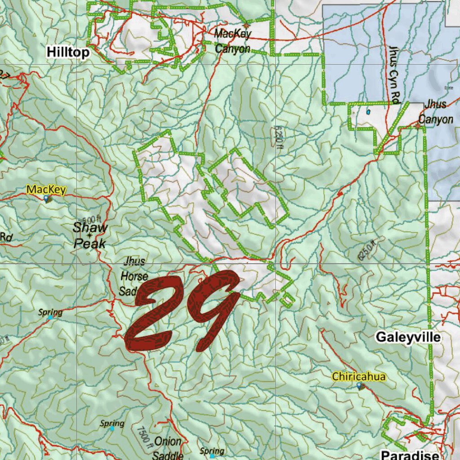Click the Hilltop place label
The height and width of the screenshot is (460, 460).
pyautogui.click(x=68, y=53)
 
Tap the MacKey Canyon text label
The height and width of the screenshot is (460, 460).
pyautogui.click(x=233, y=41)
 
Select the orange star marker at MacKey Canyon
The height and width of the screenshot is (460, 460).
pyautogui.click(x=246, y=26)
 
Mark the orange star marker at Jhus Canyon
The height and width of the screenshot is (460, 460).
pyautogui.click(x=418, y=126)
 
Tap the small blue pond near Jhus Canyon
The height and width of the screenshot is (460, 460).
pyautogui.click(x=368, y=112)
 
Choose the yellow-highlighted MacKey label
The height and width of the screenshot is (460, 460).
pyautogui.click(x=46, y=190)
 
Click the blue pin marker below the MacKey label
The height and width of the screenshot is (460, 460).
pyautogui.click(x=47, y=199)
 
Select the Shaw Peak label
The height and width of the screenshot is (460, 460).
pyautogui.click(x=91, y=235)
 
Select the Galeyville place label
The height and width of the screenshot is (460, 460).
pyautogui.click(x=408, y=337)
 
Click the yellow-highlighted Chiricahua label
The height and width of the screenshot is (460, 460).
pyautogui.click(x=358, y=376)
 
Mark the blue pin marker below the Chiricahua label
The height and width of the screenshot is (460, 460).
pyautogui.click(x=359, y=386)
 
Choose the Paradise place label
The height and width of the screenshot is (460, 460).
pyautogui.click(x=410, y=453)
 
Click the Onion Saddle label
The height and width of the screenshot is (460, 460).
pyautogui.click(x=168, y=448)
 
